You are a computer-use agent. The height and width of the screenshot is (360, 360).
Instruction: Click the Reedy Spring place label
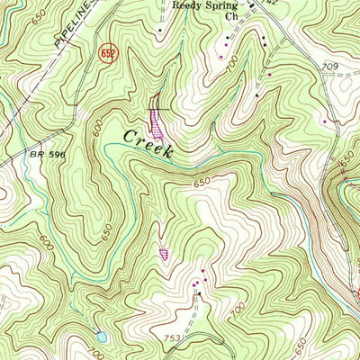206,4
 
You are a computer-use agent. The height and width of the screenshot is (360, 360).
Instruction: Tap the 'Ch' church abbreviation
231,16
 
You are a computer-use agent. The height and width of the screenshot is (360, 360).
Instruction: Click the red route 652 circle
107,55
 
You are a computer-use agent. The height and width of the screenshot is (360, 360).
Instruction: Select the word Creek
148,144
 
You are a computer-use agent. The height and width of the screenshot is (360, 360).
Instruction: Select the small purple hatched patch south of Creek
164,255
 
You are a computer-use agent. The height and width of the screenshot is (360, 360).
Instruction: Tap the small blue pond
101,337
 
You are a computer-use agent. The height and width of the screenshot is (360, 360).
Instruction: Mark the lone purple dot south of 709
325,120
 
